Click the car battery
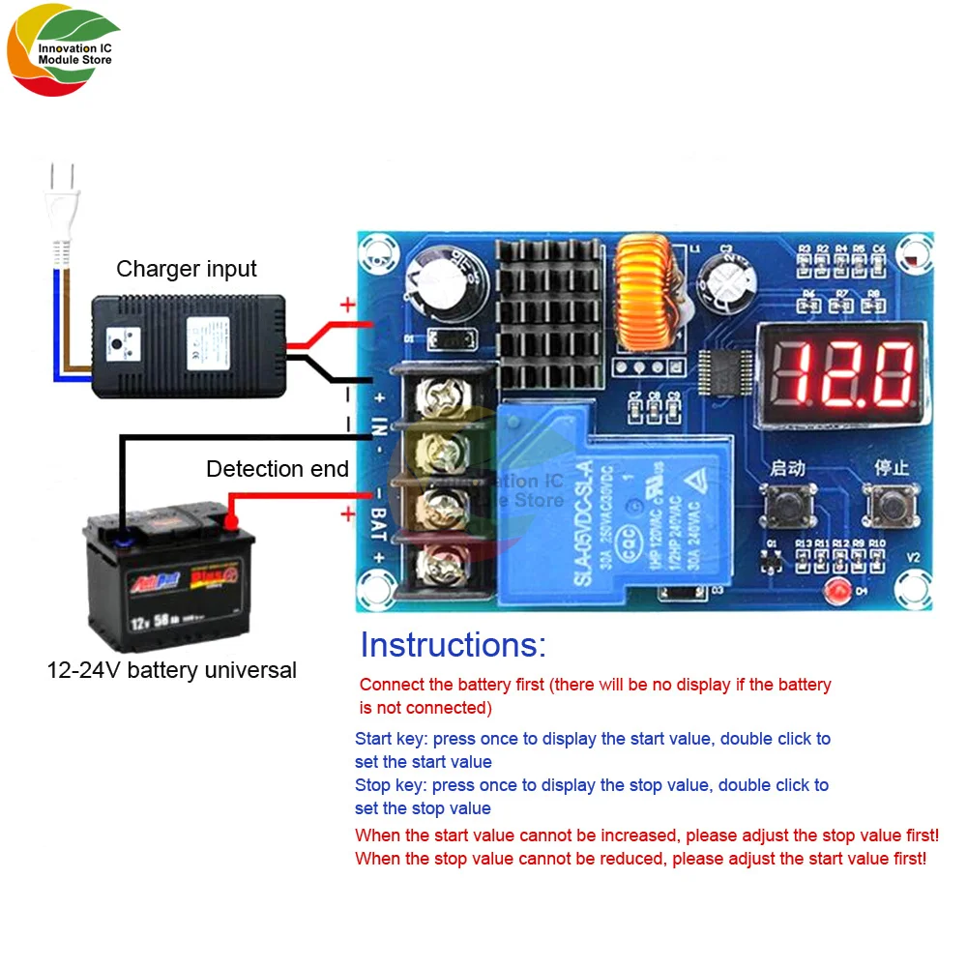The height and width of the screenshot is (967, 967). tap(170, 577)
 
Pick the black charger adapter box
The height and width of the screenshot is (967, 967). tap(189, 345)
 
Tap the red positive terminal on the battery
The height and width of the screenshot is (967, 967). tap(232, 522)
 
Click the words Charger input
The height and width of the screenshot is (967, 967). tap(187, 269)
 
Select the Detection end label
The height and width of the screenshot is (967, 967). tap(278, 469)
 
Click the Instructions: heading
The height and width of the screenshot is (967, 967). tap(453, 645)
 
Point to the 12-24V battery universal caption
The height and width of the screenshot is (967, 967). tap(172, 670)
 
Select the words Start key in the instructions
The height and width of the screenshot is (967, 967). tap(390, 739)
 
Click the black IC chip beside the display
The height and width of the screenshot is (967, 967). tap(721, 369)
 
